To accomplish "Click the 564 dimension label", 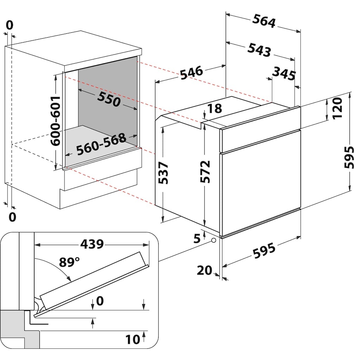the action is click(x=264, y=21).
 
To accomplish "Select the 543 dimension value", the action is click(x=259, y=50).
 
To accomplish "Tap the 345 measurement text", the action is click(x=284, y=73).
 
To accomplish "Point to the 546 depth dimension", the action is click(x=192, y=72).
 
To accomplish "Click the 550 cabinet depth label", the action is click(x=109, y=99).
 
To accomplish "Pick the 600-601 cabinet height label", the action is click(x=55, y=121).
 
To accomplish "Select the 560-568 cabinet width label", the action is click(x=101, y=144).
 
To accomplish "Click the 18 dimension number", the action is click(x=214, y=108).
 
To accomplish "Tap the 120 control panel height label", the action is click(x=337, y=108).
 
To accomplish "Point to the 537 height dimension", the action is click(x=163, y=173).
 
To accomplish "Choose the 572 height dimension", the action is click(x=205, y=172).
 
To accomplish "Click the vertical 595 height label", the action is click(x=349, y=157).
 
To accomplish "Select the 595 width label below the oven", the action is click(x=264, y=250).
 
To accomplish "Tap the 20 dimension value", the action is click(x=204, y=270).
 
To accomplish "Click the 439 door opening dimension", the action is click(x=92, y=244).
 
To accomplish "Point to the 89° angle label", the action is click(x=69, y=262).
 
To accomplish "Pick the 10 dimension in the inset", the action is click(x=133, y=339).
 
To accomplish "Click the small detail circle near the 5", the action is click(x=214, y=240).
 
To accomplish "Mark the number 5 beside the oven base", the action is click(x=197, y=238).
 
